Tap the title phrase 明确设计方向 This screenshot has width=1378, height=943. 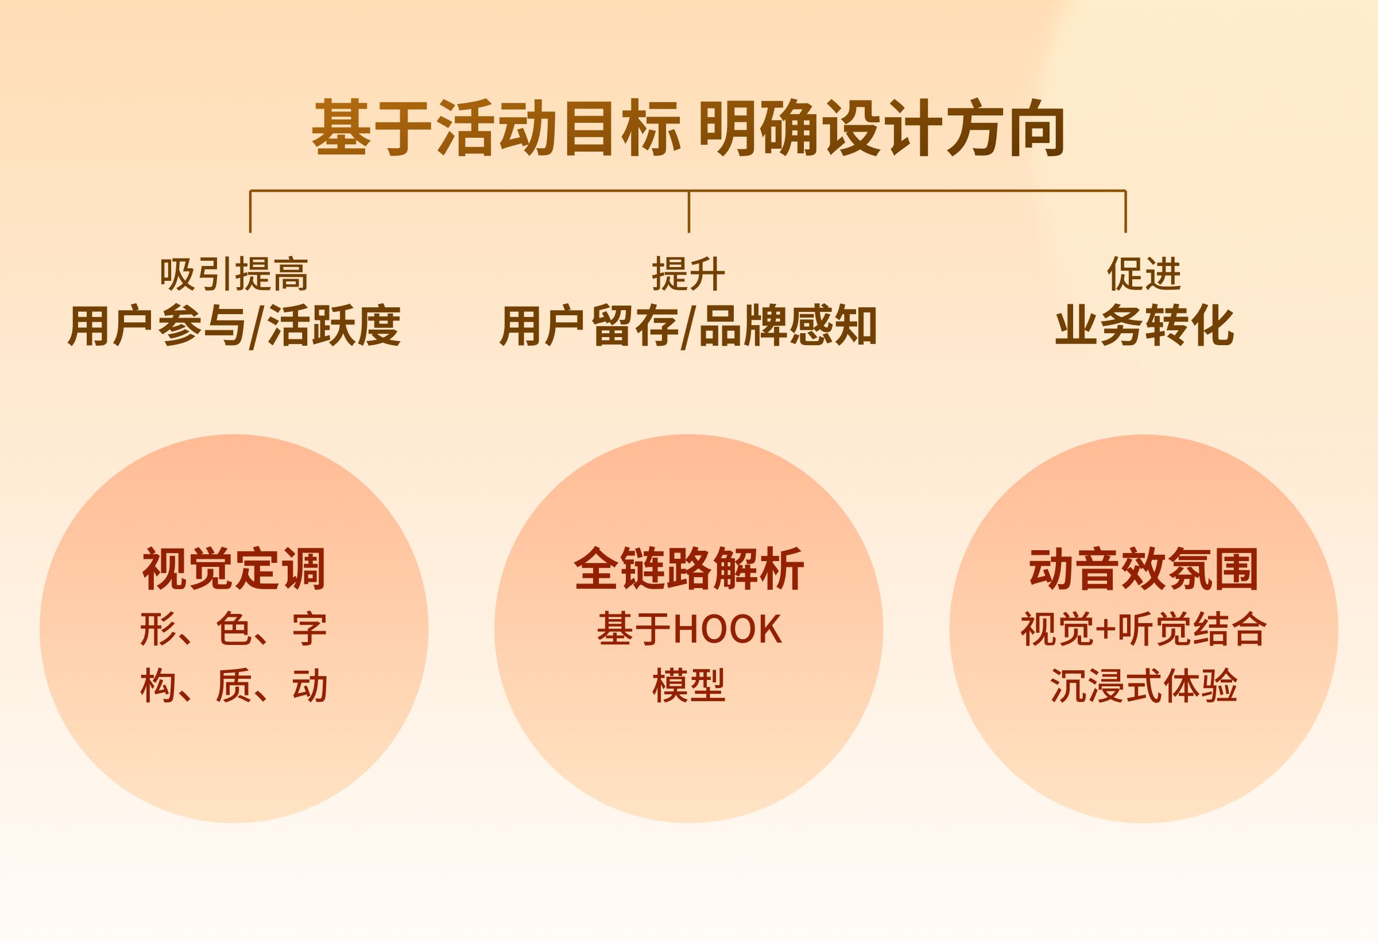[882, 128]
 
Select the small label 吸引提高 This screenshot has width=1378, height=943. [234, 275]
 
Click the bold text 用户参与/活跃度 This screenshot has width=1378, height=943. [234, 326]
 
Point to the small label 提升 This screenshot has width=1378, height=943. [688, 275]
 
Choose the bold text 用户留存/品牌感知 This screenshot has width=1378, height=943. [688, 326]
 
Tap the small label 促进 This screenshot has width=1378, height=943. [1144, 275]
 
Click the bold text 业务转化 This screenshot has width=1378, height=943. [1144, 326]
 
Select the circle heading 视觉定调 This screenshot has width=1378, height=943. [234, 569]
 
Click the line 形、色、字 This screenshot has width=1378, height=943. [234, 629]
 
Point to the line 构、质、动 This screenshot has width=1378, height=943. [234, 686]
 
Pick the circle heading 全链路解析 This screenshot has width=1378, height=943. [688, 569]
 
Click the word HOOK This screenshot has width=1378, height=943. [727, 629]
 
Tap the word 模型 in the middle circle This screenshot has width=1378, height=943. [688, 686]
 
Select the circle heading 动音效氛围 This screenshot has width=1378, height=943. [1144, 569]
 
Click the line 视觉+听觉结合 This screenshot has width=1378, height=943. [1144, 629]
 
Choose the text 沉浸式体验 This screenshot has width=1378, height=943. [1144, 686]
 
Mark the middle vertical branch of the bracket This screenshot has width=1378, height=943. [688, 212]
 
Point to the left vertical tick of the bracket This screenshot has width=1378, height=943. [250, 212]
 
